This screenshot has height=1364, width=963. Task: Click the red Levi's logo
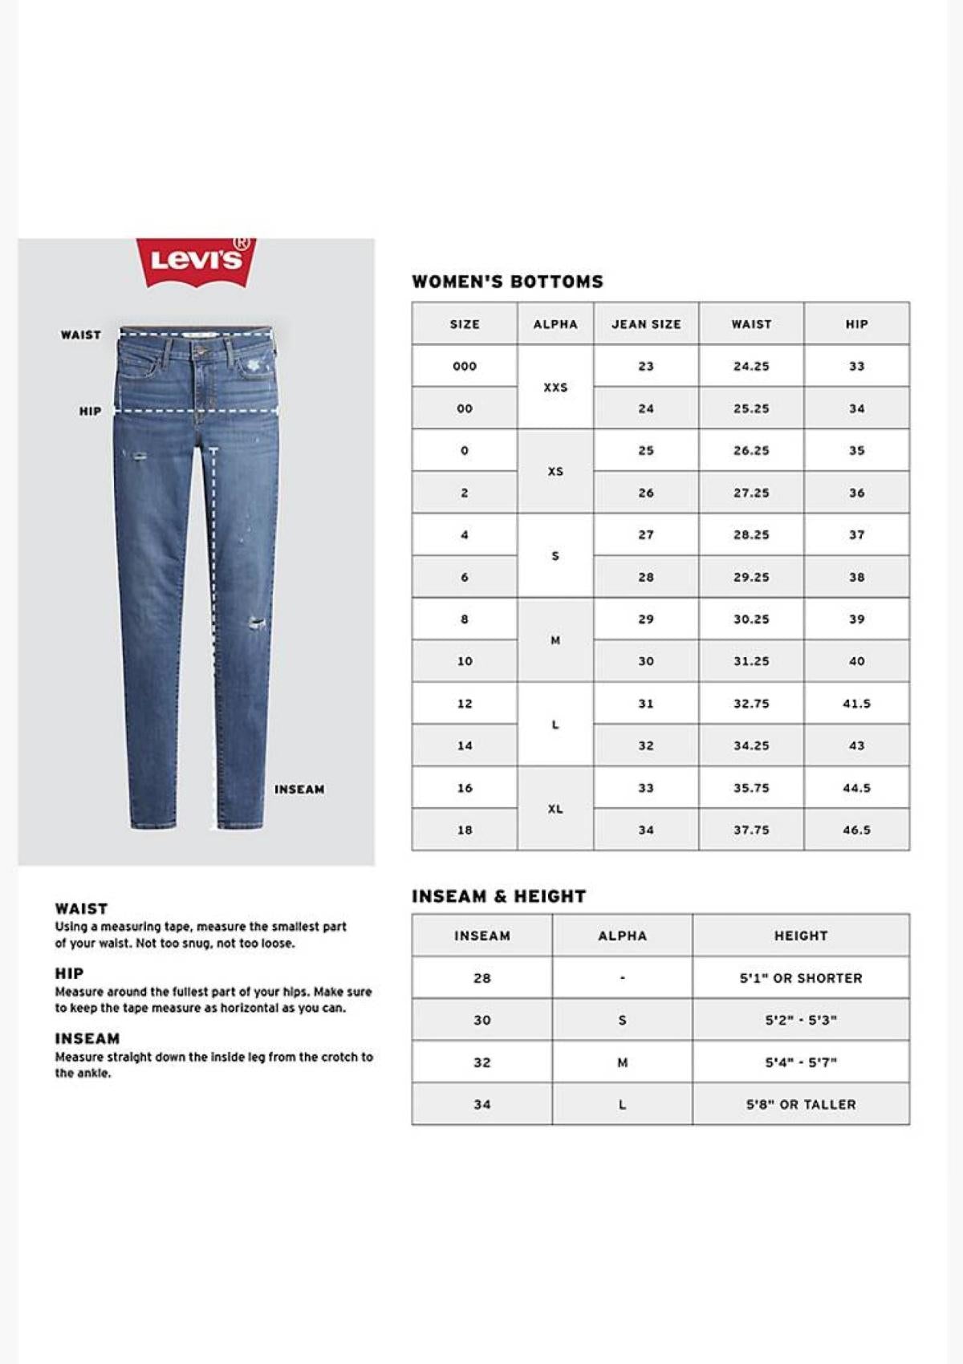tap(197, 261)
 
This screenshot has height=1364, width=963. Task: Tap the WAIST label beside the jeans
tap(81, 335)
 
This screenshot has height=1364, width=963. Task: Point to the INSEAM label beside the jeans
tap(299, 790)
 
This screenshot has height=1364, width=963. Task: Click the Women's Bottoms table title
tap(507, 282)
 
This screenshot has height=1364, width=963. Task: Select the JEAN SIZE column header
tap(646, 324)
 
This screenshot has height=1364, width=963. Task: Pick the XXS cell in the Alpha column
tap(555, 388)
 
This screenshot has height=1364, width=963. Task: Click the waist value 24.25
tap(751, 367)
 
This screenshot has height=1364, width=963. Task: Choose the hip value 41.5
tap(856, 704)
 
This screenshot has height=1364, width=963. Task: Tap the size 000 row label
tap(465, 367)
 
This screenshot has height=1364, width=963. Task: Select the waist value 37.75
tap(751, 830)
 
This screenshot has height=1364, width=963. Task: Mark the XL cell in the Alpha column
tap(555, 809)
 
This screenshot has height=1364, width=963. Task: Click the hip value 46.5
tap(856, 830)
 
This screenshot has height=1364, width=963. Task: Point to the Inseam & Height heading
tap(498, 896)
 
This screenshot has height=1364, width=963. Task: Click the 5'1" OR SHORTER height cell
tap(801, 978)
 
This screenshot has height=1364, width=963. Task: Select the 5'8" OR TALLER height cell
tap(801, 1105)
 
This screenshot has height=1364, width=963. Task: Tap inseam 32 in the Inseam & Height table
tap(481, 1062)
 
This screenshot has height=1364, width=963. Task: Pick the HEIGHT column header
tap(801, 936)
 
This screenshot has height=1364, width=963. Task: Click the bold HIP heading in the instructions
tap(69, 973)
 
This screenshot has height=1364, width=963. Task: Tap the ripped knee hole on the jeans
tap(256, 623)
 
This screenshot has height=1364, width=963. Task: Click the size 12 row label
tap(465, 704)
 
